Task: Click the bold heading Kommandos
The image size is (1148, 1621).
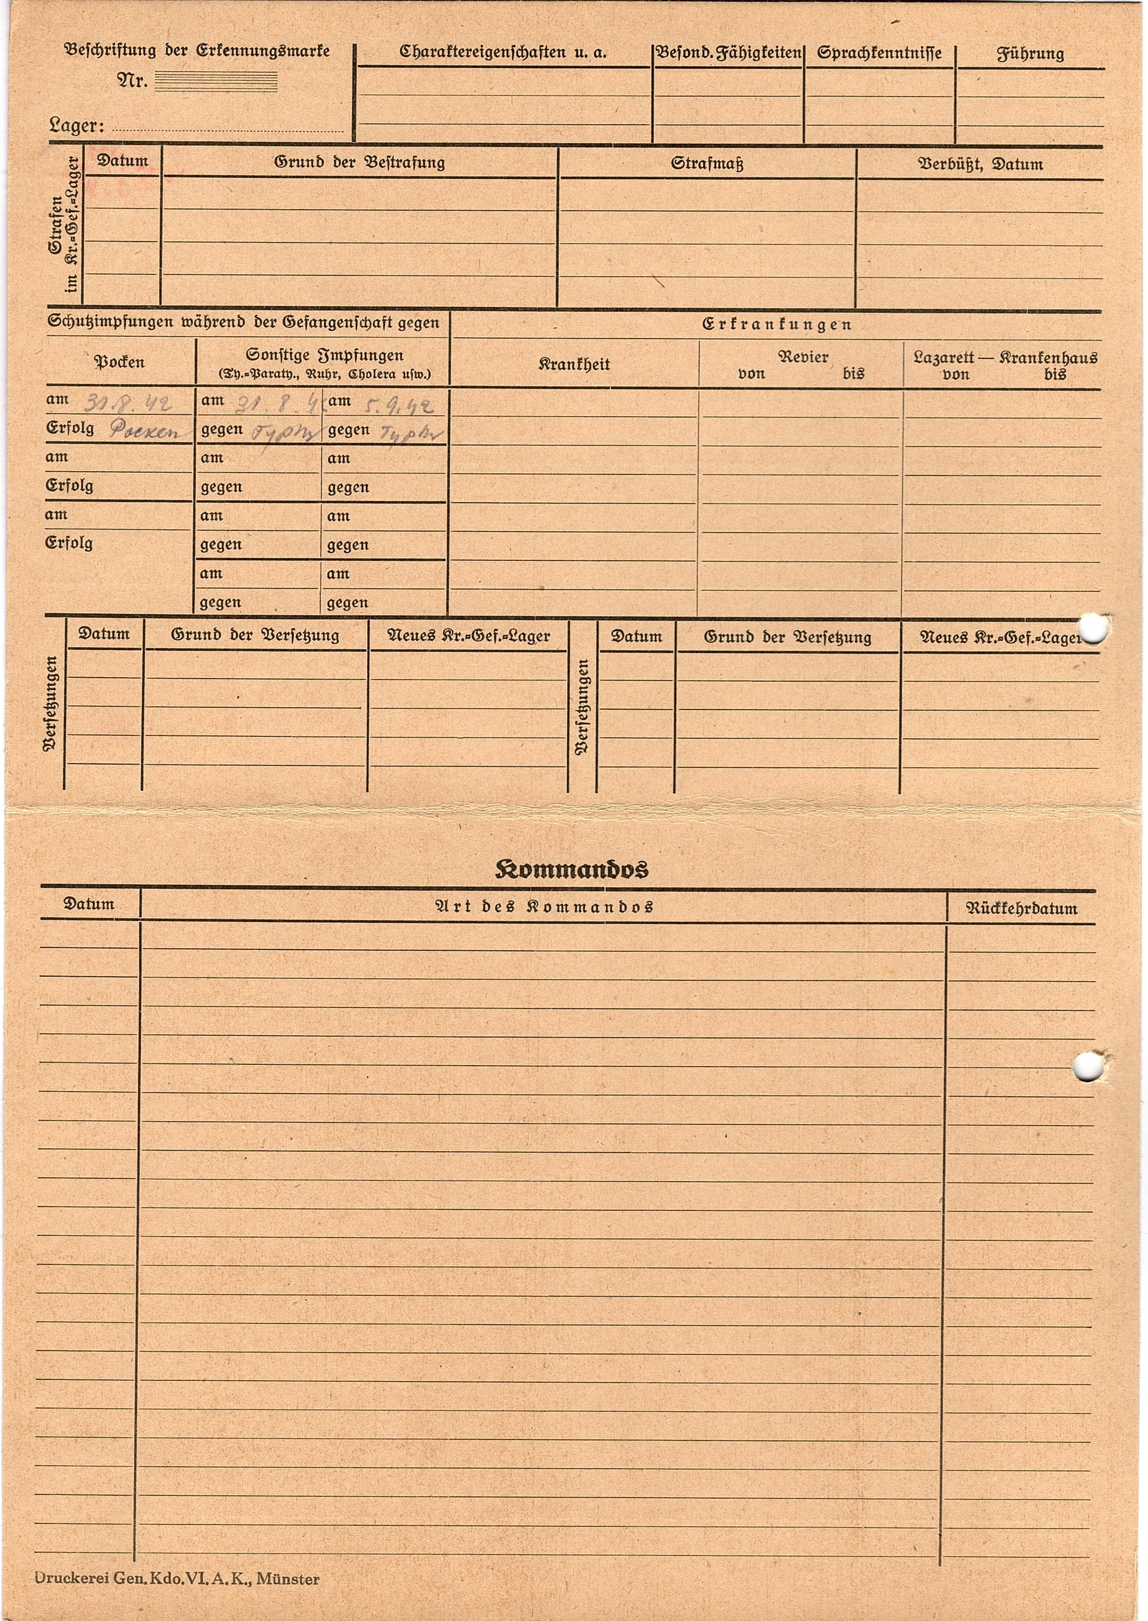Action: click(x=571, y=868)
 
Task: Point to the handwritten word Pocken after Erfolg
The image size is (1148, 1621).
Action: click(x=145, y=432)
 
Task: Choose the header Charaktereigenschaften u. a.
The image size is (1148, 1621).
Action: click(x=503, y=52)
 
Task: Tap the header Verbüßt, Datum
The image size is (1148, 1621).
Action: click(x=980, y=164)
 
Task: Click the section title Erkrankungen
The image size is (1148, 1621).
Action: click(x=776, y=325)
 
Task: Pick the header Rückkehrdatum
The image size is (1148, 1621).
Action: click(x=1021, y=909)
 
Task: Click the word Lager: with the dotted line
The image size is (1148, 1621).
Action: click(x=76, y=127)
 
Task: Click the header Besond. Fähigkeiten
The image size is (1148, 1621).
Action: click(x=728, y=54)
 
